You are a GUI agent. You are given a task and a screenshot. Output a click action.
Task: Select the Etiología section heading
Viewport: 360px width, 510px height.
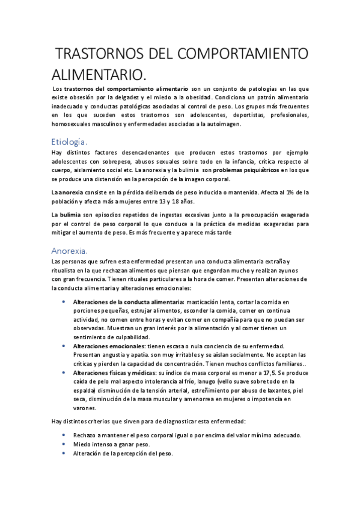[69, 142]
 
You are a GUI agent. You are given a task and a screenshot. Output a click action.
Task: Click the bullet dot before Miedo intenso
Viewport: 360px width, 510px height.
[64, 444]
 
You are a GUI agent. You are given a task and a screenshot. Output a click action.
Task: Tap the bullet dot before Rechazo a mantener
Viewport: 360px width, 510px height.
[64, 435]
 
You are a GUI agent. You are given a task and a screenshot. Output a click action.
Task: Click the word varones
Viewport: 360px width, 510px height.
[85, 407]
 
